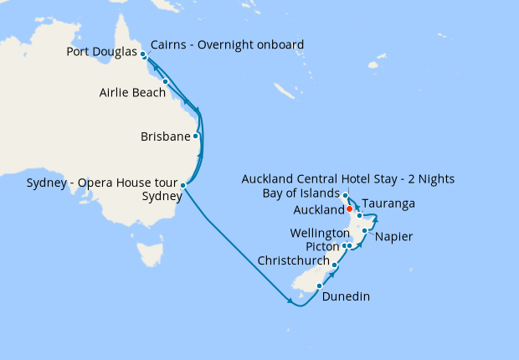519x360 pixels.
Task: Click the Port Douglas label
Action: [100, 52]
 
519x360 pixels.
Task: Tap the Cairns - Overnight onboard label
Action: [227, 44]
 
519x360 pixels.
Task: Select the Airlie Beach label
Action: [131, 92]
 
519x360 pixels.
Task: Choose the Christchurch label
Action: [294, 260]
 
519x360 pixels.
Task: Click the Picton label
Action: [323, 246]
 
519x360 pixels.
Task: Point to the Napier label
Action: [394, 237]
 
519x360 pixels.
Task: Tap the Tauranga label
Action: [388, 203]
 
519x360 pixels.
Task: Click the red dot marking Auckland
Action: [349, 208]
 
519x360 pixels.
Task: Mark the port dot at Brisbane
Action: [196, 136]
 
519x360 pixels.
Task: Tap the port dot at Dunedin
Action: [319, 285]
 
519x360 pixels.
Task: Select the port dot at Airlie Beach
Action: [166, 81]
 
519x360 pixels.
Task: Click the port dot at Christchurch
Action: [334, 265]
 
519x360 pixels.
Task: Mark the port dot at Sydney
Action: [183, 185]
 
